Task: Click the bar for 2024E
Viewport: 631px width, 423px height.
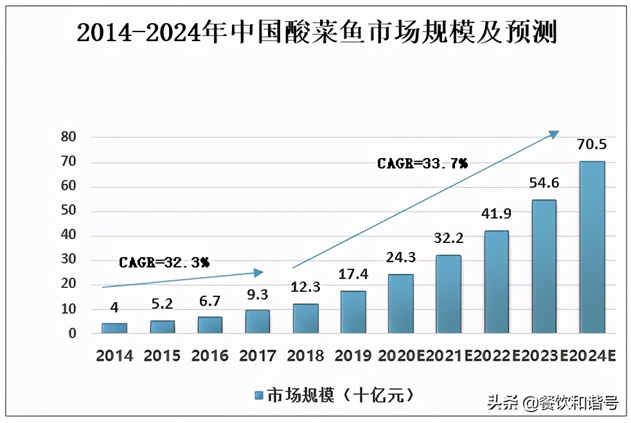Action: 592,248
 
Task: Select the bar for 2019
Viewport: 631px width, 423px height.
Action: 353,312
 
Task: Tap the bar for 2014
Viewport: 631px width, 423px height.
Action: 114,328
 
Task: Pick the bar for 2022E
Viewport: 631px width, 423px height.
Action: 496,282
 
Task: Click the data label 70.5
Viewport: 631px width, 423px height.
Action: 592,144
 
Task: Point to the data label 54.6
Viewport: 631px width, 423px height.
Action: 544,183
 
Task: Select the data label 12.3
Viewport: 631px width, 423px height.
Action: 305,287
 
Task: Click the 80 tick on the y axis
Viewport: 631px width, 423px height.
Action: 68,137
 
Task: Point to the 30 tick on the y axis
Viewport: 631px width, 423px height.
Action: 68,260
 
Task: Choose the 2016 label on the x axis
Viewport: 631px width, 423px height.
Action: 210,355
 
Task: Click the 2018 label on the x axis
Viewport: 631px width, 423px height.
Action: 305,355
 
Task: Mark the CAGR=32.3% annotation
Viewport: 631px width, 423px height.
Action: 164,262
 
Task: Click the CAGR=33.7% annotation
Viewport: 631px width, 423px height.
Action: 422,164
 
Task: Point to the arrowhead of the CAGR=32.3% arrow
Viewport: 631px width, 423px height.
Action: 258,273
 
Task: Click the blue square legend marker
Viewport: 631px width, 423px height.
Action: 259,395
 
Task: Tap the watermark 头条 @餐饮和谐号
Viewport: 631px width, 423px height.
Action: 553,403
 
